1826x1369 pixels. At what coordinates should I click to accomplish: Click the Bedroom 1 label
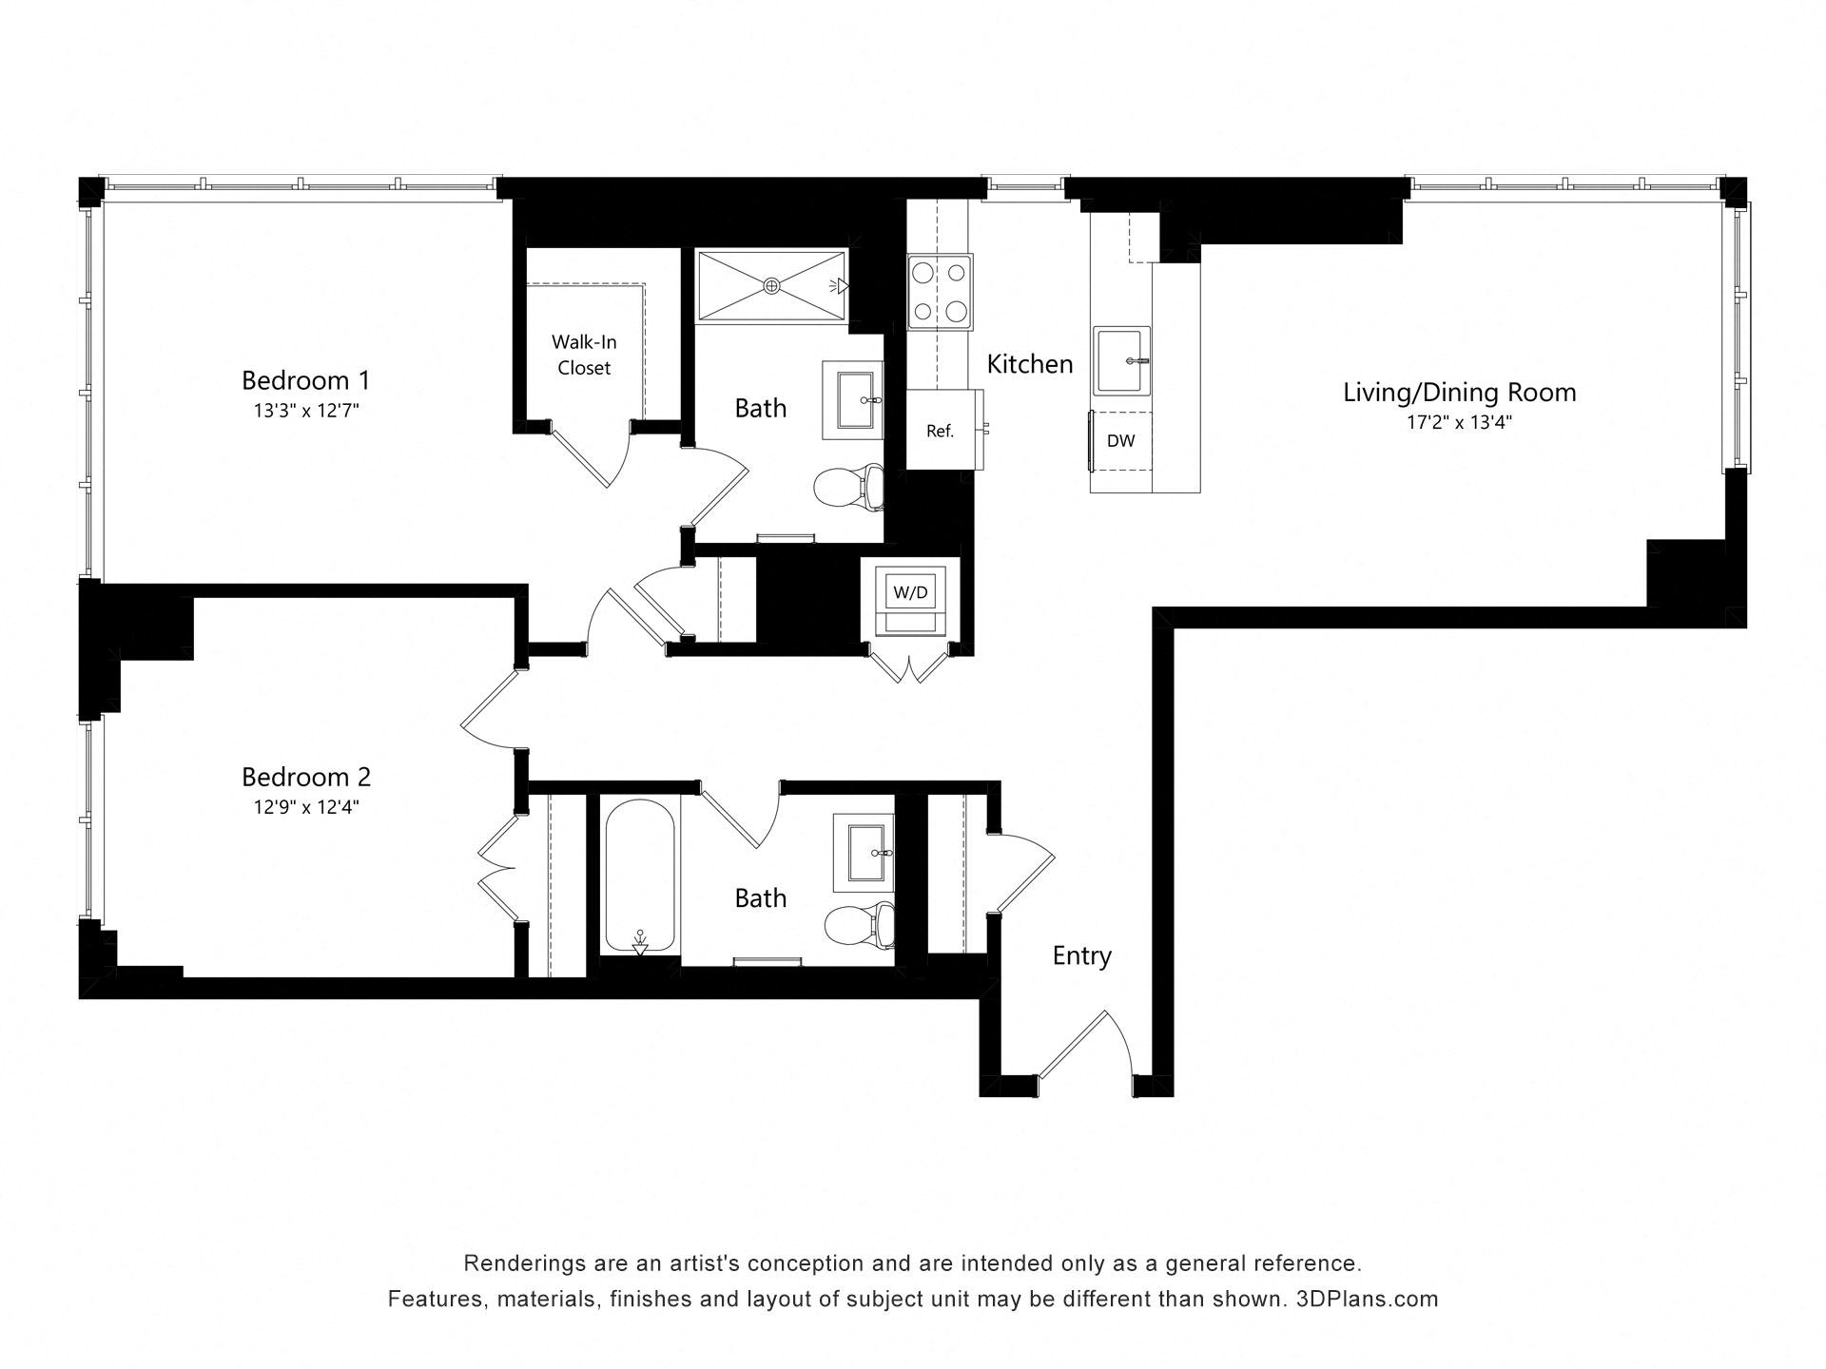coord(305,380)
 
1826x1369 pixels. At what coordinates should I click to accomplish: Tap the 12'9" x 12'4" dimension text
coord(305,807)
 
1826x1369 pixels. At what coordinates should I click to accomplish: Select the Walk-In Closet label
coord(584,355)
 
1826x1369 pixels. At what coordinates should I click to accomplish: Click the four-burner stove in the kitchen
coord(940,292)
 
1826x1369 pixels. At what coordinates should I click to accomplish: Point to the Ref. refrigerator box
coord(941,431)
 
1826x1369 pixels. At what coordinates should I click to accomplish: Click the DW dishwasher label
coord(1120,441)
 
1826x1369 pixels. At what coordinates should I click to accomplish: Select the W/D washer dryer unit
coord(910,593)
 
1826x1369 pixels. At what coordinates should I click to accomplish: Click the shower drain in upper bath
coord(771,285)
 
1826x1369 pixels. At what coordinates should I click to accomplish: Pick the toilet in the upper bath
coord(848,487)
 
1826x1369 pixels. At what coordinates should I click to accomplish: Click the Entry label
coord(1081,955)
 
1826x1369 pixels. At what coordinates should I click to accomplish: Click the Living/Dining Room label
coord(1459,392)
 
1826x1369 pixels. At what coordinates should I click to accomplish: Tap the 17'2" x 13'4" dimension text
coord(1459,422)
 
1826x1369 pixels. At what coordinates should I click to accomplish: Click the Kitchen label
coord(1029,364)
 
